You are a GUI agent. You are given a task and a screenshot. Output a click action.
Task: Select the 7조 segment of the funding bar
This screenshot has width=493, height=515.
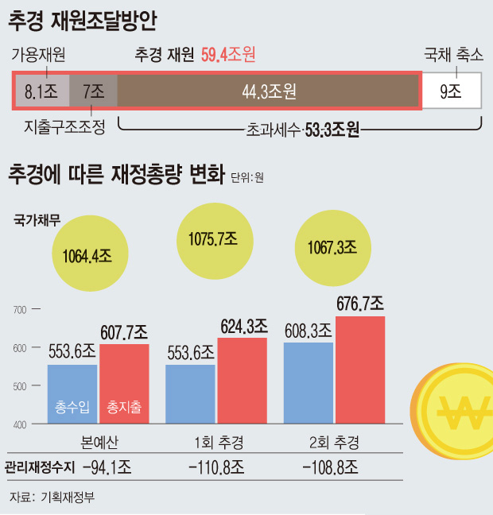(x=94, y=92)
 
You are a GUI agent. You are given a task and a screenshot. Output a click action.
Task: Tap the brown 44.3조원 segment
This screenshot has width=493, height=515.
(x=269, y=92)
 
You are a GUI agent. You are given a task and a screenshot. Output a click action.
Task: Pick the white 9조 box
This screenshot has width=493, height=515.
(x=451, y=92)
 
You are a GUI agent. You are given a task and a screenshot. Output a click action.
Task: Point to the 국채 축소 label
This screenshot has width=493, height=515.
(x=452, y=54)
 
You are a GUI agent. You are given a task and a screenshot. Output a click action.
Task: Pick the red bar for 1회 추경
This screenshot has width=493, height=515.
(x=242, y=381)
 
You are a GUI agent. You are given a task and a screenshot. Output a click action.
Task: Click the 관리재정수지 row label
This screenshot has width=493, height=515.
(x=37, y=467)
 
